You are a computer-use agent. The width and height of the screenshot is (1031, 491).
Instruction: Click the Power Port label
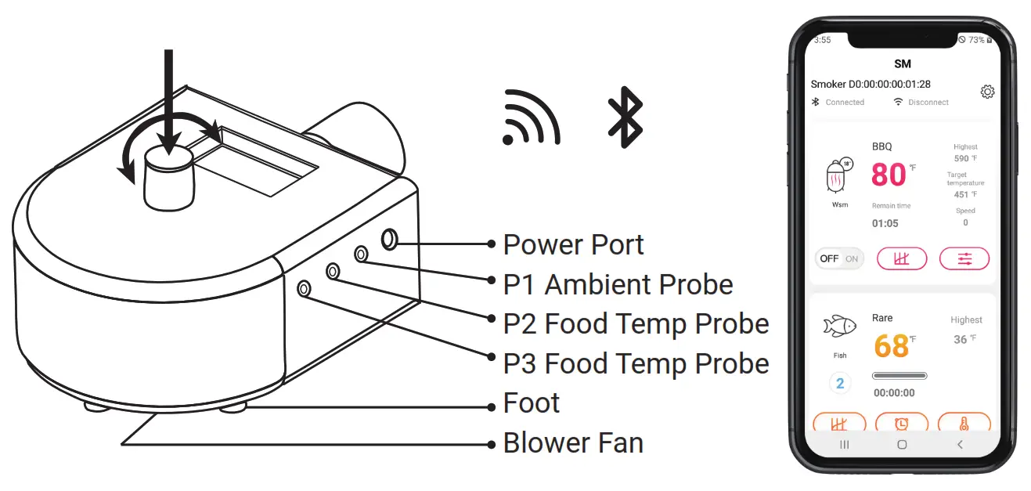[x=573, y=244]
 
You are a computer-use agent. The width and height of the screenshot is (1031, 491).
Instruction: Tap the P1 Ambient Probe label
[x=618, y=284]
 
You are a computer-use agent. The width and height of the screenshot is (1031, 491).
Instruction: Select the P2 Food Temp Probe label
[x=636, y=323]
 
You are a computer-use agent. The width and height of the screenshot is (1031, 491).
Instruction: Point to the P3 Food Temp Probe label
[x=636, y=363]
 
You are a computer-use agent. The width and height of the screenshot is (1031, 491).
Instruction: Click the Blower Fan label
[x=573, y=443]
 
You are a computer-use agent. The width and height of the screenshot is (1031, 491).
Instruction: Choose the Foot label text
[x=532, y=403]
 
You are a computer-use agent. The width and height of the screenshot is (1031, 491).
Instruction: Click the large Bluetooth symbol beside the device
[x=625, y=117]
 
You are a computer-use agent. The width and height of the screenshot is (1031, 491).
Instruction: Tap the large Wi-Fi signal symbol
[x=531, y=119]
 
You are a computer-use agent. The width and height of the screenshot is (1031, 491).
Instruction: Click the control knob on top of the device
[x=168, y=179]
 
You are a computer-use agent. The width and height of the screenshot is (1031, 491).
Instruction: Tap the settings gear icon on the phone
[x=987, y=92]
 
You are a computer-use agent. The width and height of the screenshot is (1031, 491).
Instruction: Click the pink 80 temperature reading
[x=889, y=175]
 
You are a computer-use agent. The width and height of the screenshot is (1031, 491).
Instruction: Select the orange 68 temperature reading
[x=891, y=345]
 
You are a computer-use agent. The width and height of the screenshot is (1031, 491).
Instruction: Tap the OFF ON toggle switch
[x=839, y=258]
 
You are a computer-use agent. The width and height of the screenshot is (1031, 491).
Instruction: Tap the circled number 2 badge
[x=840, y=384]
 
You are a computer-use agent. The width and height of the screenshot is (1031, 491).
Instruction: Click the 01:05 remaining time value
[x=885, y=223]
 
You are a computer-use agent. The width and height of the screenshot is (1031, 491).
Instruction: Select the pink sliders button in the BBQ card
[x=964, y=258]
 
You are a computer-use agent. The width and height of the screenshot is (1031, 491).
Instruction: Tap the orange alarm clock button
[x=901, y=424]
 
